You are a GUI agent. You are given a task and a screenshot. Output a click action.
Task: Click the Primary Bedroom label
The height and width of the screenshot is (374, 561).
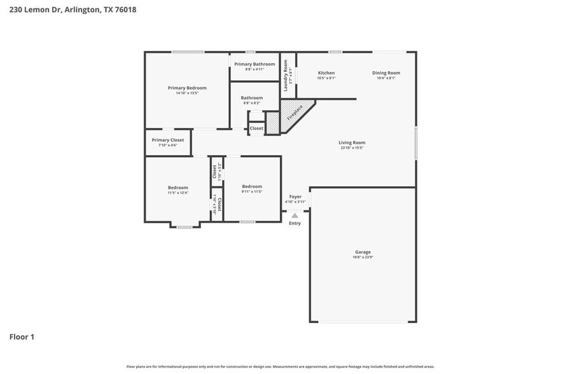pos(187,88)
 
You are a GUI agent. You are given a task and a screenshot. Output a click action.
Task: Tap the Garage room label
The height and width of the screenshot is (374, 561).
pos(363,252)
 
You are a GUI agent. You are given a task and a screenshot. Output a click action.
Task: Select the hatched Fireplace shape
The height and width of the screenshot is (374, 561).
pos(294,114)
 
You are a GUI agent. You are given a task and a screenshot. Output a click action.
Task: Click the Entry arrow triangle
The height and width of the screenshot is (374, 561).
pos(294,216)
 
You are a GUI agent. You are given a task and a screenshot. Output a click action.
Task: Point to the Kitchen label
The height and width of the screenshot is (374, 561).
pos(326,73)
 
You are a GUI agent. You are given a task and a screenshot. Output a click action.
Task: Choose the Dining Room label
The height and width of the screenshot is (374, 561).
pos(386,73)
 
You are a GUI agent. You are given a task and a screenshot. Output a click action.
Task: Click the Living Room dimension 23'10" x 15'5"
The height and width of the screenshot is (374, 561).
pos(352,148)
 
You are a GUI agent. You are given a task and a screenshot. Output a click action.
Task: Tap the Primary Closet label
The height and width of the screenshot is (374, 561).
pos(168,140)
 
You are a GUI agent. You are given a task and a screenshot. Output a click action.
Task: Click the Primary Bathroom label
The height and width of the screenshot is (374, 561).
pos(254,64)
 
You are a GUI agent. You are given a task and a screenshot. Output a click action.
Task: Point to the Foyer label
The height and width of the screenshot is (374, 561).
pos(295,197)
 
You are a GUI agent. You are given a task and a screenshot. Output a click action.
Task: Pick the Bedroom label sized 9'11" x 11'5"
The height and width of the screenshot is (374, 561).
pos(252,188)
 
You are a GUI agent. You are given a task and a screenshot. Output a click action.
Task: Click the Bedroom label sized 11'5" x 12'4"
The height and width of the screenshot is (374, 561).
pos(178,188)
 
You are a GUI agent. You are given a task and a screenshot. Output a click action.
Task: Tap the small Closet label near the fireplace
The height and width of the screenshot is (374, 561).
pos(256,128)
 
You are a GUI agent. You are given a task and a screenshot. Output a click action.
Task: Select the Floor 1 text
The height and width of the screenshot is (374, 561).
pos(22,336)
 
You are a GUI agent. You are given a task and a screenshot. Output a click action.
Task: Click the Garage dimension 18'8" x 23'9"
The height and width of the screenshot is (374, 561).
pos(363,257)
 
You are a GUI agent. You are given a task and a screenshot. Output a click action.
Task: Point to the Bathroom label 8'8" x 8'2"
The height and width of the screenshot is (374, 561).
pos(252,98)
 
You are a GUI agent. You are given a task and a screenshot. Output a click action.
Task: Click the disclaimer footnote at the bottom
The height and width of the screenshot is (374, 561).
pos(280,366)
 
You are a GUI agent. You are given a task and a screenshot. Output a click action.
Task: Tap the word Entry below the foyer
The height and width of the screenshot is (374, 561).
pos(294,223)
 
